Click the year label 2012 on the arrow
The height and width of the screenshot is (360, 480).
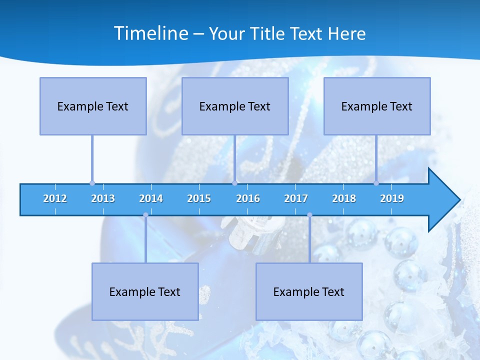[55, 199]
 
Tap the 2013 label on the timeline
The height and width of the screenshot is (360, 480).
[103, 199]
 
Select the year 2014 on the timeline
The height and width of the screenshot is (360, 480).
[151, 199]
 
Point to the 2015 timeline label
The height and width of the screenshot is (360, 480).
[199, 199]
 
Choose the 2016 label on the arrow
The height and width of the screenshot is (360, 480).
[248, 199]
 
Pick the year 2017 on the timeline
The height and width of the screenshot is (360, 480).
[296, 199]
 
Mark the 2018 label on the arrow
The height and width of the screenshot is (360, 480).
[344, 199]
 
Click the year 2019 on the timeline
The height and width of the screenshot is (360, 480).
[392, 199]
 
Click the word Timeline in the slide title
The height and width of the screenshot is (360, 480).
[151, 33]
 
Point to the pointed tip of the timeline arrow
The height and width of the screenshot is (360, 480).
[459, 200]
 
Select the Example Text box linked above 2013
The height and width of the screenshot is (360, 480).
[93, 106]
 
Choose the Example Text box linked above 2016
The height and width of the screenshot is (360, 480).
[235, 106]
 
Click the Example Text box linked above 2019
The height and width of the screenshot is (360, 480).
[377, 106]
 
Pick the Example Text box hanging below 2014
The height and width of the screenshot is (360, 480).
[145, 291]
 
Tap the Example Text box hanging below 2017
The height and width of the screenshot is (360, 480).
[309, 291]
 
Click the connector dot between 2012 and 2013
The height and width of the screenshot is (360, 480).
[92, 183]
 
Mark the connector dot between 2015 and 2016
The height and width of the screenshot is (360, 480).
[234, 183]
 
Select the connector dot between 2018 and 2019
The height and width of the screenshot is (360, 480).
[376, 183]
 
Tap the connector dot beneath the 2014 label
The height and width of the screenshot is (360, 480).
[145, 215]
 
